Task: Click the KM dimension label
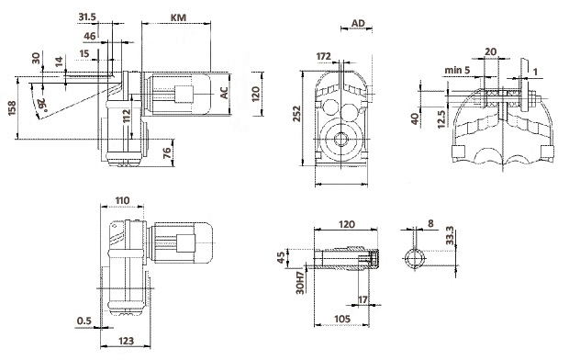pos(178,17)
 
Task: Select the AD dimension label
pos(358,23)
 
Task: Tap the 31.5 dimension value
pos(87,17)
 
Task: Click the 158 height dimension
pos(12,107)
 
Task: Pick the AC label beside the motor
pos(225,93)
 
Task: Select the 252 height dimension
pos(297,114)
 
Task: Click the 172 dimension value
pos(323,56)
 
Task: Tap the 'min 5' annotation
pos(457,70)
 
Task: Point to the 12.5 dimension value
pos(441,119)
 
